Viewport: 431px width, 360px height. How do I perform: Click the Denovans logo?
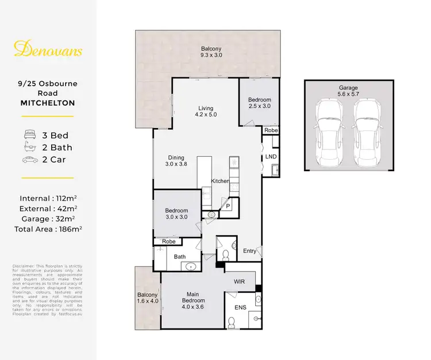[48, 51]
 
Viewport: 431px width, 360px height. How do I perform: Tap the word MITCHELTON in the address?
[48, 103]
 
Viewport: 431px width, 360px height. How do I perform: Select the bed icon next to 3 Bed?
[29, 136]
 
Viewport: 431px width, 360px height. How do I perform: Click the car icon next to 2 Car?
[29, 160]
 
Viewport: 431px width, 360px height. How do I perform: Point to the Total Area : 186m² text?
[48, 229]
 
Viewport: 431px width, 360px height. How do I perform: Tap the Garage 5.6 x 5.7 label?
[349, 91]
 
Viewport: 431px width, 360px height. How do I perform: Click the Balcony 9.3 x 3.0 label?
[211, 52]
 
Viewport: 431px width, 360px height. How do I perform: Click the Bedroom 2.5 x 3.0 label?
[259, 103]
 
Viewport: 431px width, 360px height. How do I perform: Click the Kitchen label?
[220, 181]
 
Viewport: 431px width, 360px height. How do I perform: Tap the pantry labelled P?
[228, 205]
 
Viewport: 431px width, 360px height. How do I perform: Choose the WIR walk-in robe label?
[240, 282]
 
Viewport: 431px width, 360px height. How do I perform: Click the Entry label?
[249, 251]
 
